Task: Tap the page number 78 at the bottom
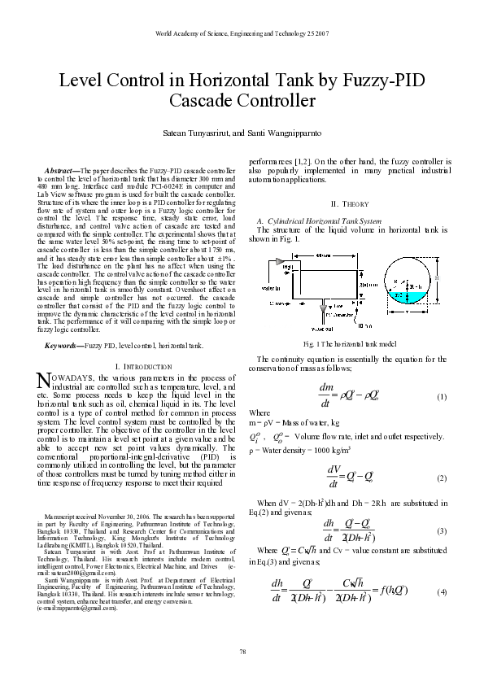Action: (242, 651)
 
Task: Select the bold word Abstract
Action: (60, 170)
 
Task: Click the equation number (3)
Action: (442, 530)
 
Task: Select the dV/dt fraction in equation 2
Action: (334, 476)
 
